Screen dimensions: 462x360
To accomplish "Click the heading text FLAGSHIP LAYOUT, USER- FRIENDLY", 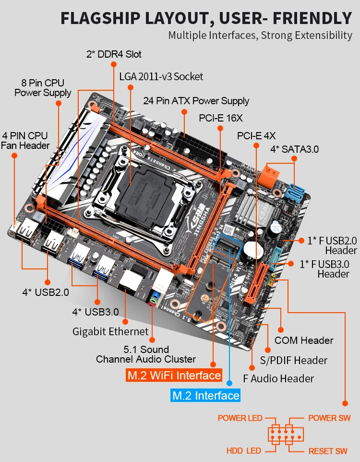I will (206, 18).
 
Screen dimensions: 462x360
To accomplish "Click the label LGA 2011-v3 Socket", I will (161, 77).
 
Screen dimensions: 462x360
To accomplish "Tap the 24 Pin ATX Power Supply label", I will (196, 101).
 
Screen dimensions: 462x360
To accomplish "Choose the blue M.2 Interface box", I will (205, 396).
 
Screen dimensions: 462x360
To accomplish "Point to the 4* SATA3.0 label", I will (294, 149).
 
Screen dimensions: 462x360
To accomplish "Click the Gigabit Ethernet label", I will (110, 331).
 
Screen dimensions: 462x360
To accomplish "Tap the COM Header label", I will (303, 340).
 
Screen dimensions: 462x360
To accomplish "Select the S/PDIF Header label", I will (293, 360).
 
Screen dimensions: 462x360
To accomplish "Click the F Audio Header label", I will (278, 378).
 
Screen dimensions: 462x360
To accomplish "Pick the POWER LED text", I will (240, 418).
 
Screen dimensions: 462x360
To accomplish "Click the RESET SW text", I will (328, 451).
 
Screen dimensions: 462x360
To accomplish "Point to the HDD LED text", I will (243, 451).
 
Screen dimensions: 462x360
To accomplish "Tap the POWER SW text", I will (329, 418).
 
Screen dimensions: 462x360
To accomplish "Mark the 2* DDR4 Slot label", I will (114, 54).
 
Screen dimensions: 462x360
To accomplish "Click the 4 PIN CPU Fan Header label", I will (25, 141).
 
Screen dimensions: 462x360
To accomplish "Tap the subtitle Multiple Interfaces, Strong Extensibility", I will (260, 36).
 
